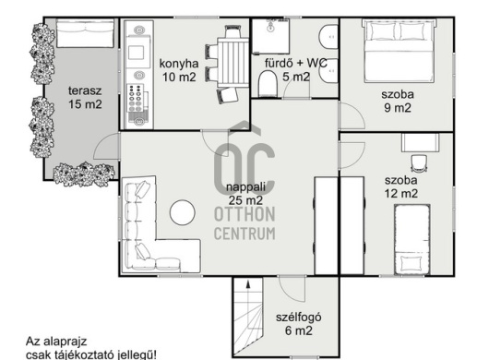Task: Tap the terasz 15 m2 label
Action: pos(85,98)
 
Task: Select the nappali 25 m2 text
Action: pos(245,194)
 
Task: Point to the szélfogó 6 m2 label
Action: pos(298,324)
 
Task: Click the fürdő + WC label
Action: pos(296,63)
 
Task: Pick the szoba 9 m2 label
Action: pos(398,101)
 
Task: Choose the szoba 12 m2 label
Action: pos(400,186)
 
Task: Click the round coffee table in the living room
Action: pos(183,212)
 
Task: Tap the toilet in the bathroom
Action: pos(268,83)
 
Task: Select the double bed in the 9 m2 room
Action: pos(399,51)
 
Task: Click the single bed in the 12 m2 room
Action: pos(412,240)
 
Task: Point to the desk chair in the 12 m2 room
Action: pos(419,163)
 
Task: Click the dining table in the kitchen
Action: pos(233,62)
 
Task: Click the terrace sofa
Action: pos(85,33)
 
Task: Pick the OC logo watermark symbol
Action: pos(244,159)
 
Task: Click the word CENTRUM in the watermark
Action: pos(244,234)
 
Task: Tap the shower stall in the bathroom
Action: pos(271,36)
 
